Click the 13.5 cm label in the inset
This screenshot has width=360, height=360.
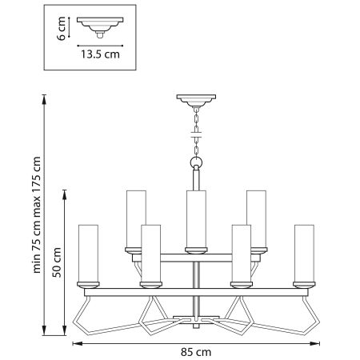(99, 56)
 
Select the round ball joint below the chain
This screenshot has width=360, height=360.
(194, 164)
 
